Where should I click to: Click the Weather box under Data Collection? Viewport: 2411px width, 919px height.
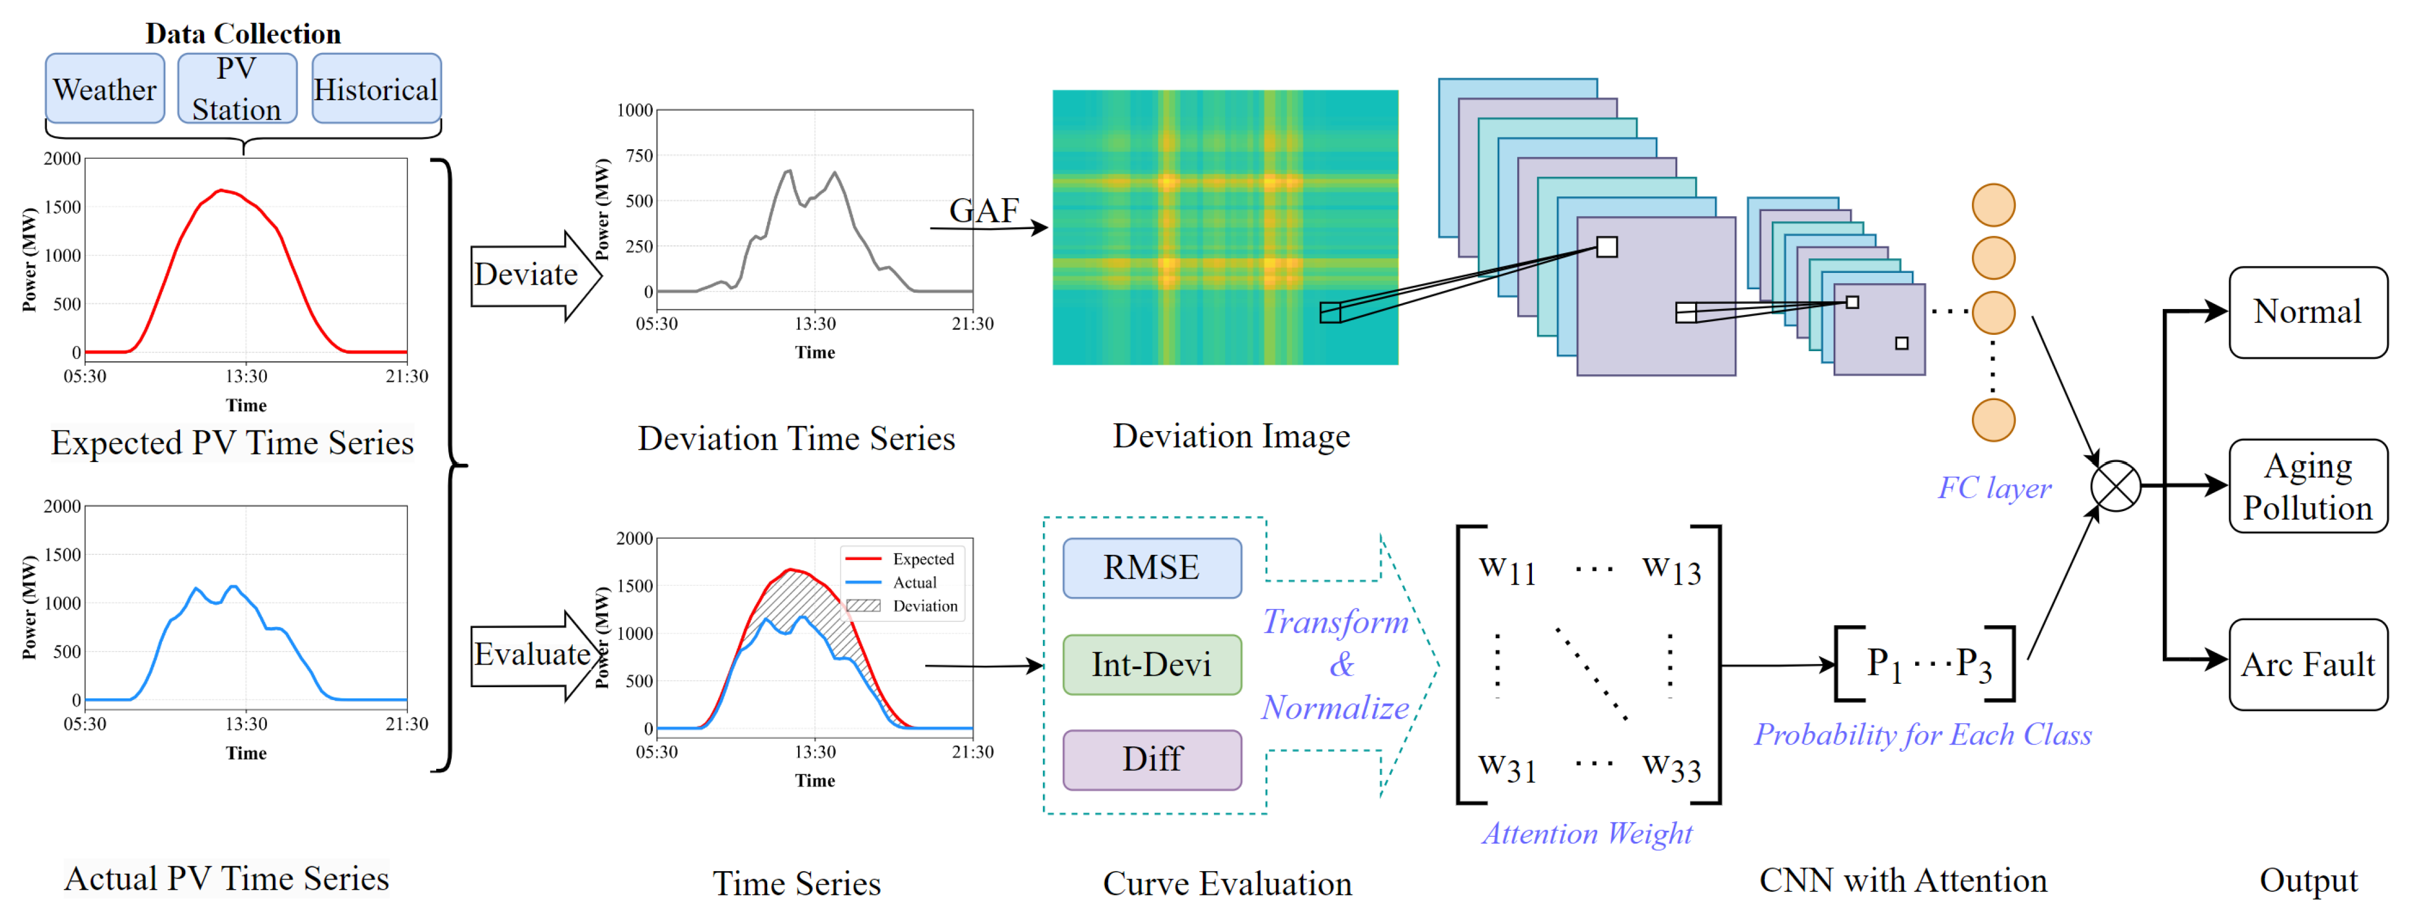(x=105, y=89)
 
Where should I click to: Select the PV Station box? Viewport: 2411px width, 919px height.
(x=237, y=89)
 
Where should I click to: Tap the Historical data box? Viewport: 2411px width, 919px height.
(x=375, y=89)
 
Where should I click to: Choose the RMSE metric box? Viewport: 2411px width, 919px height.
(x=1151, y=568)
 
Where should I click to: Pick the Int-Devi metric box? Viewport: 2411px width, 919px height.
(x=1151, y=665)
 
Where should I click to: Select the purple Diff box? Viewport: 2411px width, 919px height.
(x=1151, y=759)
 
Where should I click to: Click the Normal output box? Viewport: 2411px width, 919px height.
(x=2307, y=312)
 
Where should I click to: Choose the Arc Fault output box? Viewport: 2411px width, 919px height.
(x=2307, y=665)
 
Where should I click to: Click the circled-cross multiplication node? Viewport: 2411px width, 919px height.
(x=2115, y=486)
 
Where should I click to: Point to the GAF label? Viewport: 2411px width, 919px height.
(x=984, y=210)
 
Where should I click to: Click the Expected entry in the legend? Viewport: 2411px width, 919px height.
(x=922, y=559)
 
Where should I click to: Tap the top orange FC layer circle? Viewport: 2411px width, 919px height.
(x=1993, y=205)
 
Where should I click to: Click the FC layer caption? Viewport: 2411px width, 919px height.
(x=1993, y=487)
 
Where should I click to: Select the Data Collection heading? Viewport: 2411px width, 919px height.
(x=243, y=34)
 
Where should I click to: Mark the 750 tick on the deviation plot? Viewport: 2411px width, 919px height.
(x=639, y=155)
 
